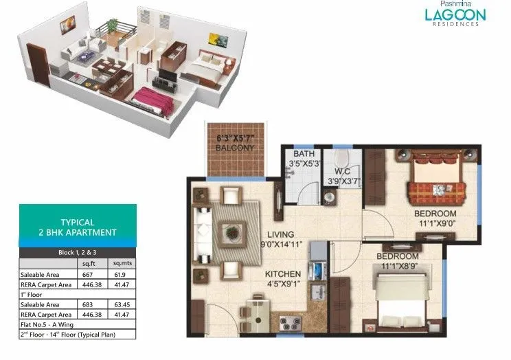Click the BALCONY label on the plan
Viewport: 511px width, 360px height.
click(236, 147)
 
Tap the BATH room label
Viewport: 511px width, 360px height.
click(304, 154)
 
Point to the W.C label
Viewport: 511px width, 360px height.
click(341, 171)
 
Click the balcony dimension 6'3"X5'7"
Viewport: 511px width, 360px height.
click(236, 137)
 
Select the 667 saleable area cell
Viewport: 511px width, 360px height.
click(89, 273)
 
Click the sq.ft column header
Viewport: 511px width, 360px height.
click(89, 262)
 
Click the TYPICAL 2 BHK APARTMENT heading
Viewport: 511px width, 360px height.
click(78, 227)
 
